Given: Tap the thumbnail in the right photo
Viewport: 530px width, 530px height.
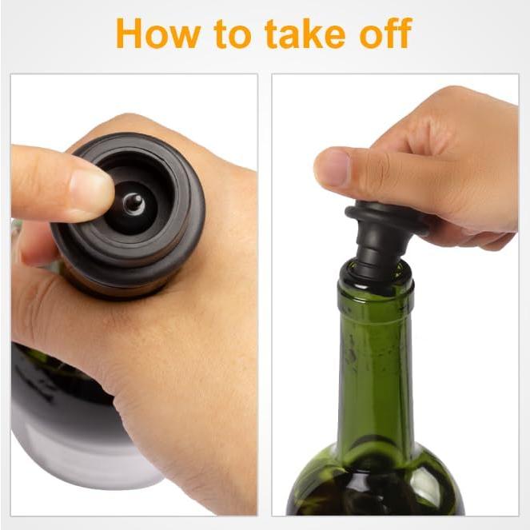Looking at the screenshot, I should coord(334,169).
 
